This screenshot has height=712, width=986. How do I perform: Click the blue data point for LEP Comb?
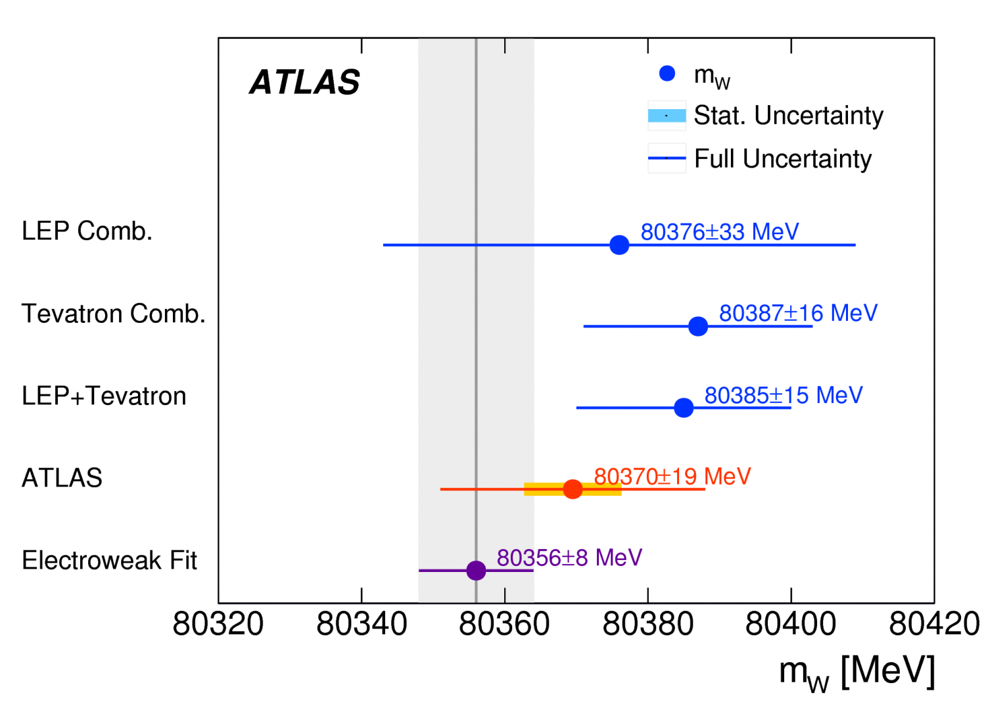(x=619, y=245)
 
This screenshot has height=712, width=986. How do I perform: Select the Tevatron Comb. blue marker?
(x=697, y=326)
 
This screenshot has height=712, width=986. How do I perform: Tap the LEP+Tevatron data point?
(x=684, y=408)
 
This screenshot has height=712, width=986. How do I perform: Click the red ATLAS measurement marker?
(x=573, y=489)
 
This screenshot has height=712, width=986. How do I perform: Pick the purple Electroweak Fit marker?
(x=476, y=570)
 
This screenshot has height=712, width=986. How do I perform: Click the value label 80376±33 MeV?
(x=720, y=232)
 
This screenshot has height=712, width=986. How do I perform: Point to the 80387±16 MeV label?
(x=798, y=313)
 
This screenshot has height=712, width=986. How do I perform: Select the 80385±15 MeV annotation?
(x=783, y=395)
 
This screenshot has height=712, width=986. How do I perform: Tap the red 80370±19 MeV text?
(x=672, y=476)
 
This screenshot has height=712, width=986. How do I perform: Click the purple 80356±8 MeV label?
(x=569, y=558)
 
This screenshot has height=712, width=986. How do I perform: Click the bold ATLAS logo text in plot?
(x=304, y=83)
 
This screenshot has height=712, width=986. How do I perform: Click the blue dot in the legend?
(x=667, y=74)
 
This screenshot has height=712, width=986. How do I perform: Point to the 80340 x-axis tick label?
(x=362, y=624)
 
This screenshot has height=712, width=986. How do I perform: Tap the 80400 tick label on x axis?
(x=791, y=624)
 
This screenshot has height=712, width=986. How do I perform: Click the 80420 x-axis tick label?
(x=933, y=624)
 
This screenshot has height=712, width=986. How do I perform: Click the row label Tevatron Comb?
(x=114, y=314)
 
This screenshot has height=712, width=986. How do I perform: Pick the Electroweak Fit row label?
(x=109, y=560)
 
